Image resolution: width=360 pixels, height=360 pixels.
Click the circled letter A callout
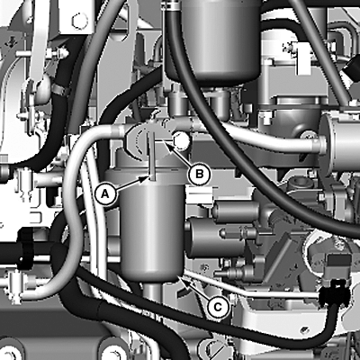(x=104, y=194)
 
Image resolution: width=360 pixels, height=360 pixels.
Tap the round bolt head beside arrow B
(x=181, y=140)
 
